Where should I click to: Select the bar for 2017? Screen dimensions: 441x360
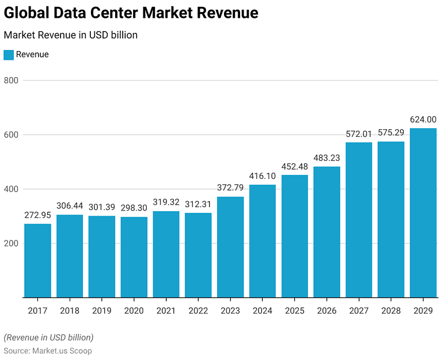(x=37, y=261)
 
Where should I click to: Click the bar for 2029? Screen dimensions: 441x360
(x=423, y=213)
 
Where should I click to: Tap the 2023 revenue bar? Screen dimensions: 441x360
(x=230, y=247)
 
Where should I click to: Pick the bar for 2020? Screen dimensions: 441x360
(x=134, y=257)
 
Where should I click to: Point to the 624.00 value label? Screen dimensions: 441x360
(x=423, y=120)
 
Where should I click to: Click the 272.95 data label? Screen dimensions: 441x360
(x=37, y=215)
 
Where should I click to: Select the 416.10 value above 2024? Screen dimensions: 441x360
(x=263, y=176)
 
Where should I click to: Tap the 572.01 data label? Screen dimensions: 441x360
(x=359, y=134)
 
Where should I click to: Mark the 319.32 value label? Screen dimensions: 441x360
(x=166, y=202)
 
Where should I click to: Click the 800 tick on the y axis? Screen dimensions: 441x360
(x=11, y=81)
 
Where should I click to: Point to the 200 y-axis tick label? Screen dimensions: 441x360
(x=11, y=243)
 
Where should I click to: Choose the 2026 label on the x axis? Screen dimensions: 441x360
(x=326, y=311)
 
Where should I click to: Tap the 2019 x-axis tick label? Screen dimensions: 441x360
(x=102, y=311)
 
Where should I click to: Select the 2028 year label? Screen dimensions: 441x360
(x=391, y=311)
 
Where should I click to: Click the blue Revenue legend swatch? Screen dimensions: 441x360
(x=9, y=55)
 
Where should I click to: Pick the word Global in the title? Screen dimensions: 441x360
(x=26, y=13)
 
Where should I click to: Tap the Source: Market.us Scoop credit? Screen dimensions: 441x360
(x=48, y=351)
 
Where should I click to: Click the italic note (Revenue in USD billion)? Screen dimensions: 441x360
(x=49, y=338)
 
